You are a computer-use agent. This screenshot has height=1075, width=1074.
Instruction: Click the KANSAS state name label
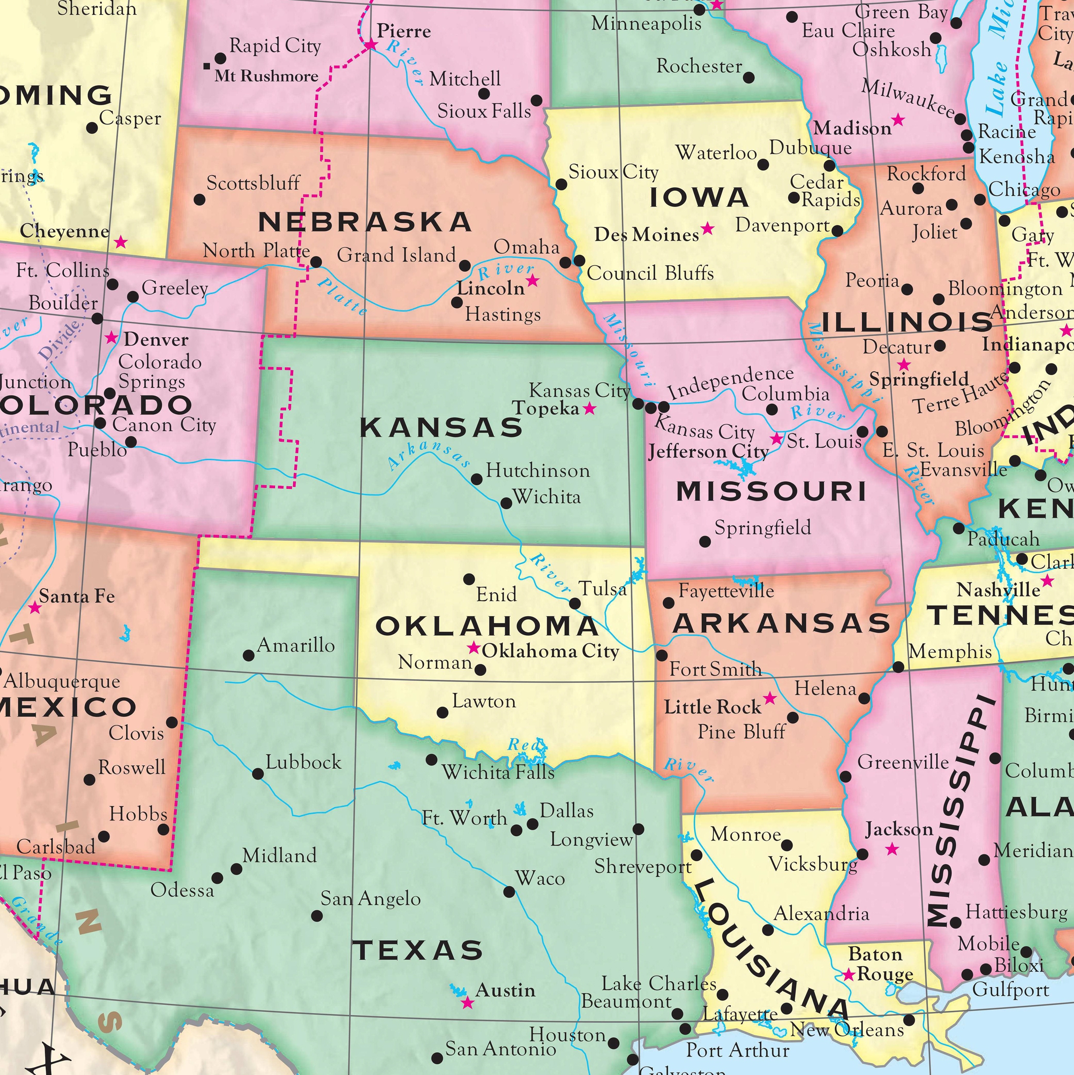pos(441,428)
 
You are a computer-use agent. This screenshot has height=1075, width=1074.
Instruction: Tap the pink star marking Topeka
pos(590,409)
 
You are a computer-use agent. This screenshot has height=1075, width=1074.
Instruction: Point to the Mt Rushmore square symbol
pos(207,66)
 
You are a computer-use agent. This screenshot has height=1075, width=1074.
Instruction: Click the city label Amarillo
pos(296,645)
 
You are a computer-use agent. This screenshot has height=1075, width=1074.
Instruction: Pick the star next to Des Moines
pos(707,229)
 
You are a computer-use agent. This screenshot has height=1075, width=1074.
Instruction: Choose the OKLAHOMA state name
pos(487,627)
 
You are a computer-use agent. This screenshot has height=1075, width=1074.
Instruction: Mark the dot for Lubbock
pos(258,774)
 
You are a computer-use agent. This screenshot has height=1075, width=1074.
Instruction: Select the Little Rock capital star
pos(770,698)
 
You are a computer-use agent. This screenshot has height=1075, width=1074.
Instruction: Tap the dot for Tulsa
pos(575,604)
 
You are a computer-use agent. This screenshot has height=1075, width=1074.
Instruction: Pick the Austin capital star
pos(468,1003)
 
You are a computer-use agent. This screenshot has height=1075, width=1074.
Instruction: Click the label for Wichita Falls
pos(498,772)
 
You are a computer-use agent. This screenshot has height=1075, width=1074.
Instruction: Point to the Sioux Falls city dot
pos(537,101)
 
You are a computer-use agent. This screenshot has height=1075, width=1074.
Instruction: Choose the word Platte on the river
pos(343,296)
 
